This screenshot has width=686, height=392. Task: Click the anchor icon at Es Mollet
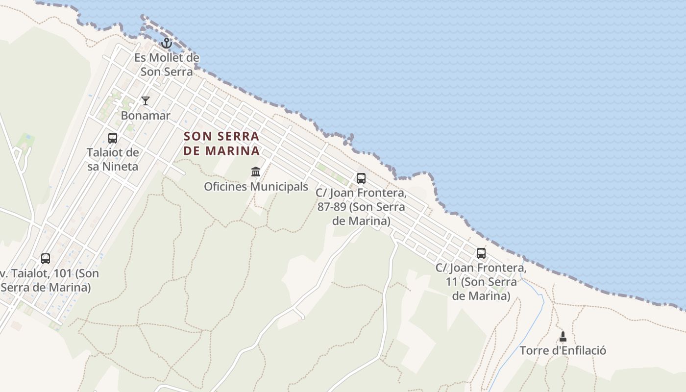(167, 43)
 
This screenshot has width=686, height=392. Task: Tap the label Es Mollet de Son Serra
(167, 65)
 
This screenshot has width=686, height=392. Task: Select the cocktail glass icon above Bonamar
(146, 101)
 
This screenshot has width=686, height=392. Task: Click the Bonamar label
(146, 116)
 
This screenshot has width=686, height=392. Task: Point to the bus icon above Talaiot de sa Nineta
(113, 138)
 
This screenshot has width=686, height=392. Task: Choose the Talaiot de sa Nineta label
(113, 159)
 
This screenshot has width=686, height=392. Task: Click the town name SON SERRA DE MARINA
(221, 143)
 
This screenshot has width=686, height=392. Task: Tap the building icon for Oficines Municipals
(256, 172)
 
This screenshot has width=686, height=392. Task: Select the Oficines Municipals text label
(256, 187)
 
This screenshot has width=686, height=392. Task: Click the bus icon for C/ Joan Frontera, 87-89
(361, 178)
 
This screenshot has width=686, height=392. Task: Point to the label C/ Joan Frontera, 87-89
(361, 207)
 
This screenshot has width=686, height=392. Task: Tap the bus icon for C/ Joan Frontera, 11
(481, 253)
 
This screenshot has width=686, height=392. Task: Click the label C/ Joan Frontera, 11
(481, 282)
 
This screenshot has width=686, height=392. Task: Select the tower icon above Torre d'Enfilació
(563, 336)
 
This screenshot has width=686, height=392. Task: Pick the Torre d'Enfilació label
(563, 351)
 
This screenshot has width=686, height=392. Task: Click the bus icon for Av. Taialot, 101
(46, 258)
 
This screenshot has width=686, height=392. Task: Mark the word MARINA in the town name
(232, 150)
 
